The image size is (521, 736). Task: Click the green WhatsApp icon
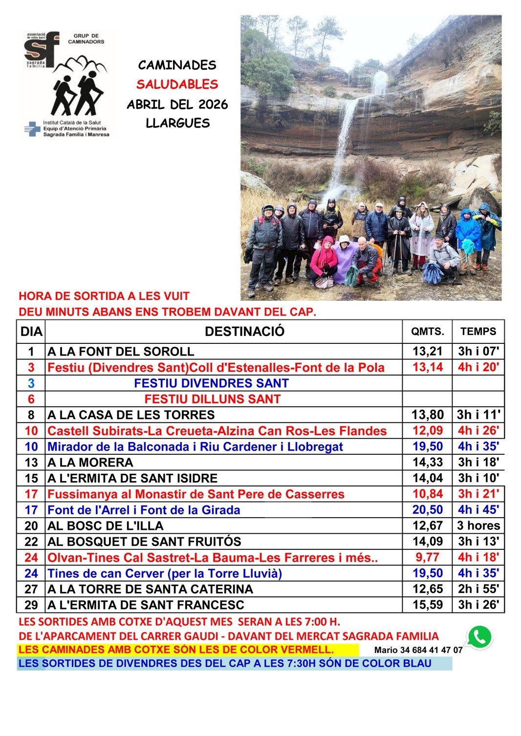[x=479, y=636]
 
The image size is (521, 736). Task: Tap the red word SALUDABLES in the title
[x=177, y=84]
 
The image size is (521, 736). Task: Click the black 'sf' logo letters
[x=41, y=47]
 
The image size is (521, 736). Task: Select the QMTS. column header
[x=428, y=332]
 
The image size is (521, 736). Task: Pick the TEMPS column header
[x=478, y=332]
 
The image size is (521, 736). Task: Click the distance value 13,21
[x=428, y=351]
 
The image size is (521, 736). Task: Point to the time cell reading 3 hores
[x=478, y=526]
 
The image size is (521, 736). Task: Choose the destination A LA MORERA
[x=90, y=463]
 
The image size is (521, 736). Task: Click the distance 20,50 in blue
[x=428, y=510]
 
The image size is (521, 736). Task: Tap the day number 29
[x=31, y=605]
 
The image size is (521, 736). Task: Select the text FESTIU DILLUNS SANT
[x=212, y=399]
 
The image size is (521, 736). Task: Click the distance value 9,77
[x=428, y=557]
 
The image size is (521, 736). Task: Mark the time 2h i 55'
[x=478, y=589]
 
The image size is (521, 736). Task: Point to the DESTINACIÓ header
[x=244, y=332]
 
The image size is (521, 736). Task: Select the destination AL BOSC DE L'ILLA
[x=106, y=526]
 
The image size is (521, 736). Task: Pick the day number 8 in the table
[x=31, y=415]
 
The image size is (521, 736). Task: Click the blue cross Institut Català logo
[x=32, y=129]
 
